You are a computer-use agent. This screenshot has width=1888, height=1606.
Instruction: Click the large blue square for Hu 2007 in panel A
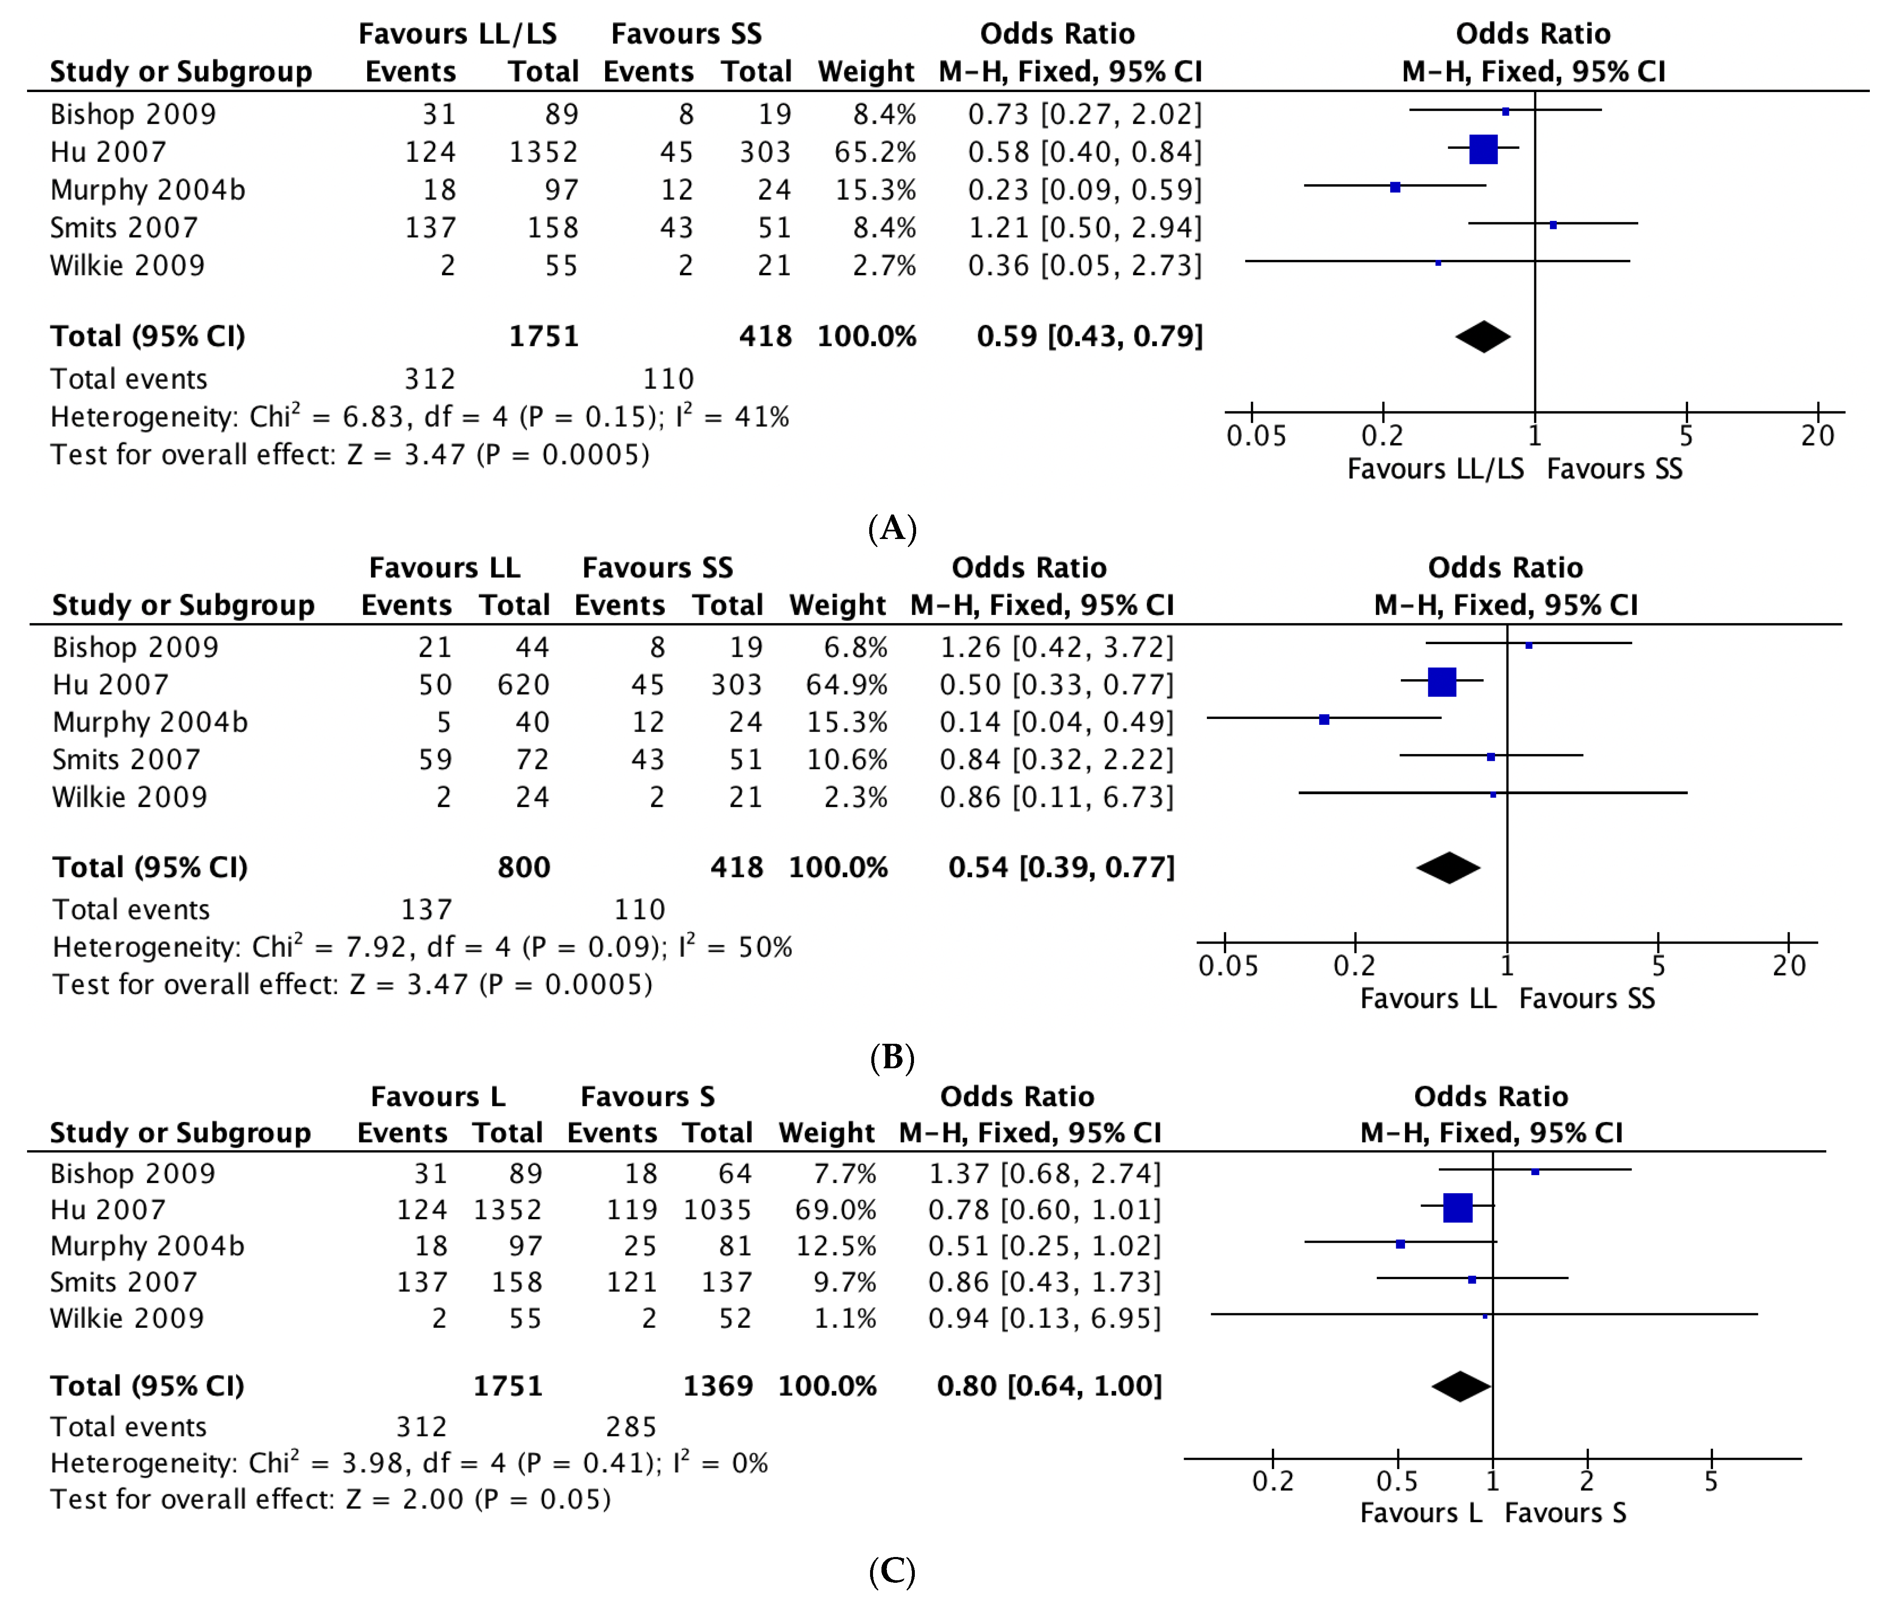pos(1483,149)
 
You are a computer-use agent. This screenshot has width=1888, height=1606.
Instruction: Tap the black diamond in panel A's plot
pos(1483,337)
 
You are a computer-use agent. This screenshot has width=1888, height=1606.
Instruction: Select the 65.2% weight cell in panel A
pos(874,152)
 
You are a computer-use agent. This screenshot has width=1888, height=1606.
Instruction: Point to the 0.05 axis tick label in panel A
pos(1256,436)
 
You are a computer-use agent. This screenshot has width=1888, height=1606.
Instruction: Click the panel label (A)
pos(892,528)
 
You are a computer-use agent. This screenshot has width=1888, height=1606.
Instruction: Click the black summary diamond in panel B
pos(1448,868)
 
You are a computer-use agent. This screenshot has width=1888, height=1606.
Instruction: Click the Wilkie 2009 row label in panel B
pos(129,798)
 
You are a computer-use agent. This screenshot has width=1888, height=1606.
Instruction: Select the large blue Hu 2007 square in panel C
pos(1457,1208)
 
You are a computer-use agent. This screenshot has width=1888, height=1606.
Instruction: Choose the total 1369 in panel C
pos(718,1386)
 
